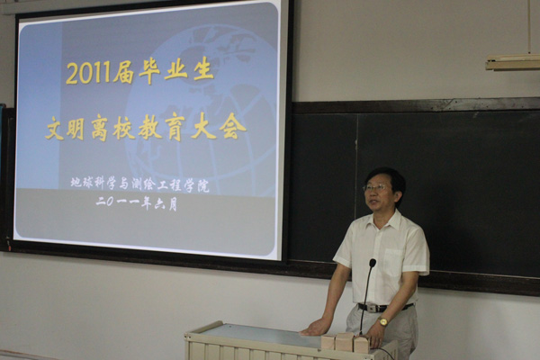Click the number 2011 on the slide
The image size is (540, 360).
click(x=89, y=73)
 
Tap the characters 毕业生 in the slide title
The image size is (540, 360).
click(x=176, y=71)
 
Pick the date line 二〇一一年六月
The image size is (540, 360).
click(x=137, y=203)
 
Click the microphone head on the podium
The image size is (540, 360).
click(x=373, y=263)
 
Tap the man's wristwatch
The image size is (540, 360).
click(x=382, y=322)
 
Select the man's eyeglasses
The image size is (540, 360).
click(x=375, y=188)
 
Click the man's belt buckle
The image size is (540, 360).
click(x=373, y=308)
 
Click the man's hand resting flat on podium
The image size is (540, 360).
click(x=314, y=328)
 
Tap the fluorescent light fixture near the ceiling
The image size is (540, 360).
click(x=513, y=62)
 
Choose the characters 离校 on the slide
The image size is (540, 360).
click(x=112, y=129)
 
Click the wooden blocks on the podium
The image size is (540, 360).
click(x=346, y=342)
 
